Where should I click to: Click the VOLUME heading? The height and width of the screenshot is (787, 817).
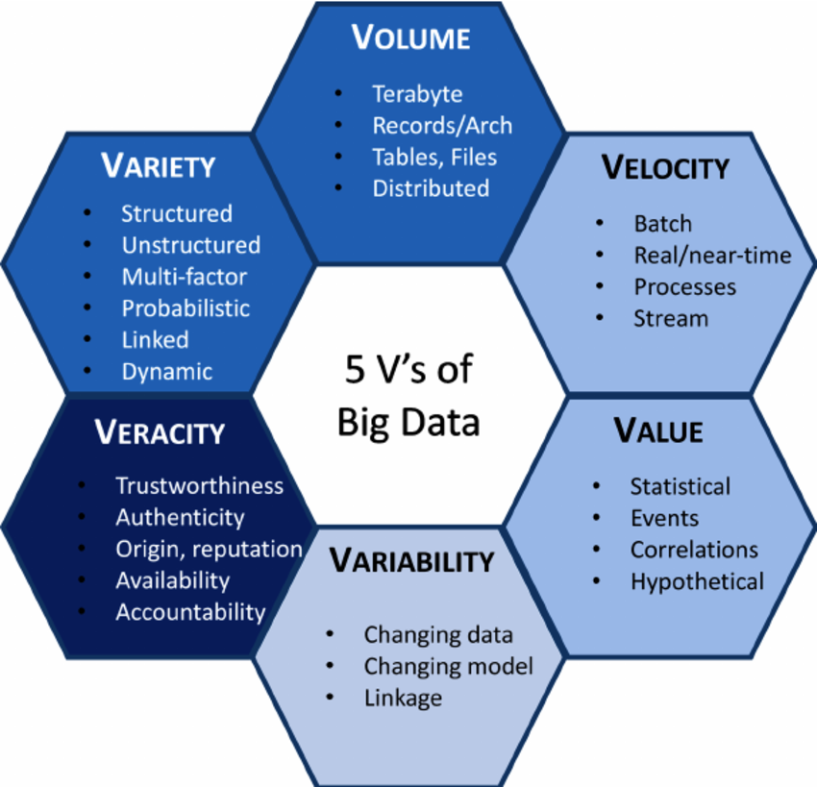(x=410, y=38)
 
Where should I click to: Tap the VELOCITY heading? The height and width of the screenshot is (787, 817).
(x=665, y=167)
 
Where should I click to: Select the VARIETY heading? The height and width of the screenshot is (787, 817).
(x=159, y=166)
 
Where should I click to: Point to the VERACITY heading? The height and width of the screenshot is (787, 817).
(x=160, y=432)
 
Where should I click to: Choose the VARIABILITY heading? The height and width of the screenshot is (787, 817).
(x=411, y=559)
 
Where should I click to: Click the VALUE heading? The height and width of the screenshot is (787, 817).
(x=658, y=431)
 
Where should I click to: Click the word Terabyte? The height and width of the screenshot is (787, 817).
(x=417, y=94)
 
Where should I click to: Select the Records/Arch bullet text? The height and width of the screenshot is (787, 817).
(x=442, y=126)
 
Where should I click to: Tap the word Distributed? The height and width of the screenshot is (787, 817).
(x=431, y=188)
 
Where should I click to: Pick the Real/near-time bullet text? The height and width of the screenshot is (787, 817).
(x=712, y=256)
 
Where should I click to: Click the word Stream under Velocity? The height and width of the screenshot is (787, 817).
(x=670, y=318)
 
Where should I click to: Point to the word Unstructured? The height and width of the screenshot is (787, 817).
(x=190, y=246)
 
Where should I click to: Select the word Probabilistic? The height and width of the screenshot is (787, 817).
(x=186, y=308)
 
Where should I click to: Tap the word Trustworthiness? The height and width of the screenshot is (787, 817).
(x=199, y=486)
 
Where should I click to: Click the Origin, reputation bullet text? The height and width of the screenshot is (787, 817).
(x=209, y=549)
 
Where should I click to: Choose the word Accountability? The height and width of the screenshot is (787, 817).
(x=190, y=611)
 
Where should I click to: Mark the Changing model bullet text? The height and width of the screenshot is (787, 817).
(x=448, y=666)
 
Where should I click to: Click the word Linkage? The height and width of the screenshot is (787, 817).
(x=403, y=698)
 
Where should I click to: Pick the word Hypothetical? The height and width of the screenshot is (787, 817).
(x=697, y=581)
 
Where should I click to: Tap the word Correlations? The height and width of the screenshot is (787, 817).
(x=694, y=550)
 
